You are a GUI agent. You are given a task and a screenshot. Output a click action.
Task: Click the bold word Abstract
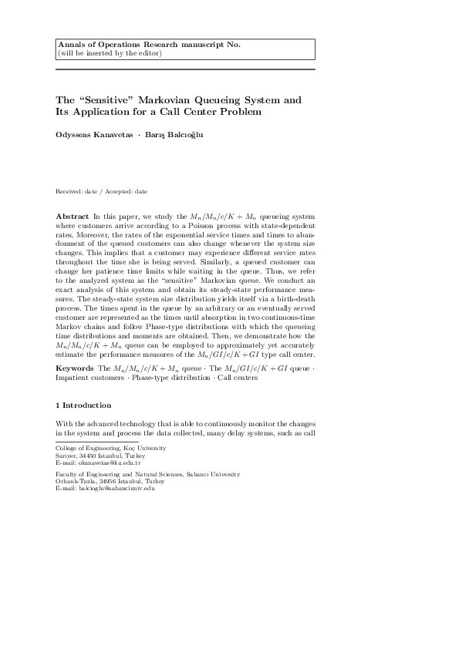73,218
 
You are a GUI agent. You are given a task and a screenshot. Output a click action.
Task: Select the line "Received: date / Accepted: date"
102,191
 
